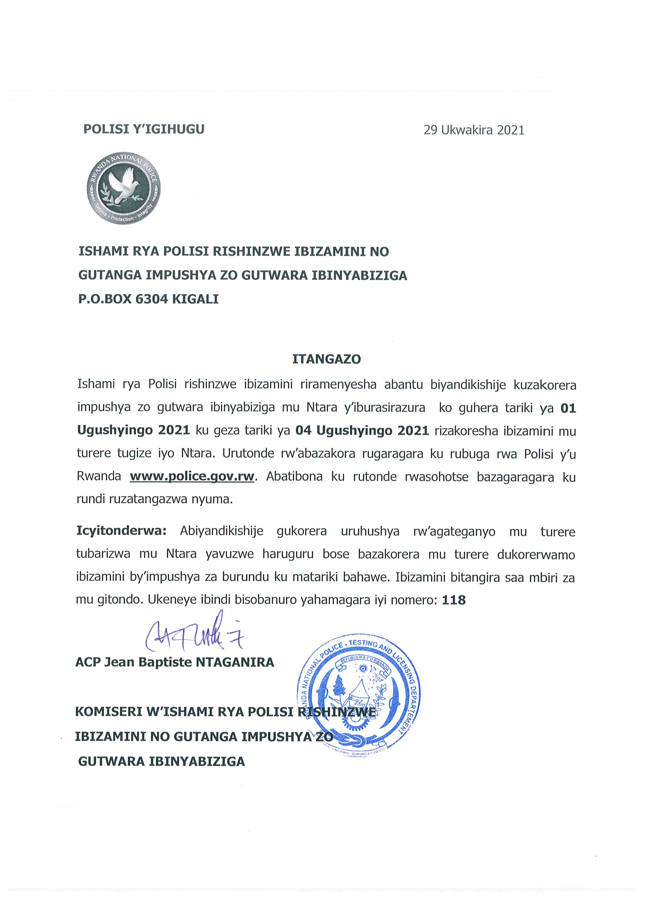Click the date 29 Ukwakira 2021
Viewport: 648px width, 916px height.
pos(474,130)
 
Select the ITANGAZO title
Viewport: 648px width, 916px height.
pos(326,359)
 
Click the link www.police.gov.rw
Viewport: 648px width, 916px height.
pos(192,477)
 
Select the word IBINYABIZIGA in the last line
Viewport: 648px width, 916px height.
pos(197,761)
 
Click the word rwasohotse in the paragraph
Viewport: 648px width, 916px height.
pos(437,477)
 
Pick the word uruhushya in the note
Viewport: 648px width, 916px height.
pos(370,532)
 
